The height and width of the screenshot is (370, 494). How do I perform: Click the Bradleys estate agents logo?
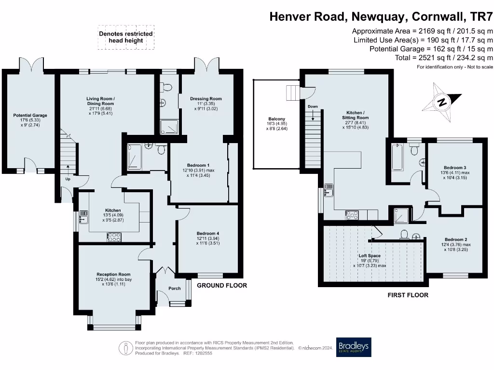tap(354, 347)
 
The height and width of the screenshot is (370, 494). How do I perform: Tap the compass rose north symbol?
tap(442, 102)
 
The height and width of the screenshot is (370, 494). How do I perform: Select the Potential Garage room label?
tap(30, 116)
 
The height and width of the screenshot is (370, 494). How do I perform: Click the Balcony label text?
tap(276, 119)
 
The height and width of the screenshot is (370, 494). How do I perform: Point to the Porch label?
tap(175, 288)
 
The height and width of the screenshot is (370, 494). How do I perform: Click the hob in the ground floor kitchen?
tap(114, 237)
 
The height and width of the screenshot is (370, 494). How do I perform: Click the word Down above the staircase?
tap(313, 106)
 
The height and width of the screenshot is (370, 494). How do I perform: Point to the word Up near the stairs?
tap(68, 179)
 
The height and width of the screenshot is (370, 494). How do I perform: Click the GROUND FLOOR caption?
tap(222, 285)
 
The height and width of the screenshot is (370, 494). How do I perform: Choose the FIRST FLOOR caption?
tap(408, 295)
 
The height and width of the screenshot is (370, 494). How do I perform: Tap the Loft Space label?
tap(370, 256)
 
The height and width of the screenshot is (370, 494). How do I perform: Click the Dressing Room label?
tap(206, 99)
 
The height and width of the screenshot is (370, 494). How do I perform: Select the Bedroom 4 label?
tap(208, 234)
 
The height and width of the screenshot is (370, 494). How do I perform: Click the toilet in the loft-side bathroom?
tap(404, 235)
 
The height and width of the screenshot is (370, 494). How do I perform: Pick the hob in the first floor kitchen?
tap(352, 215)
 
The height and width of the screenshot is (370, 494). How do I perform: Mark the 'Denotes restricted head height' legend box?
tap(126, 37)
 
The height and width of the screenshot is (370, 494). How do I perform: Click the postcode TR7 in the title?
tap(481, 16)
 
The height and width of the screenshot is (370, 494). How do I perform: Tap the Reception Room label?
tap(113, 274)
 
